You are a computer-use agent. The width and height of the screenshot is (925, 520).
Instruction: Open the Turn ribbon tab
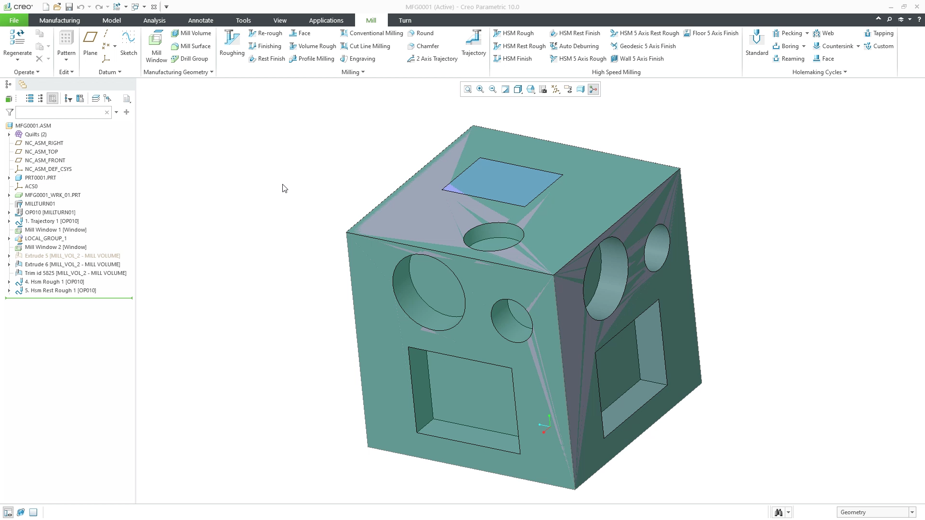[x=405, y=20]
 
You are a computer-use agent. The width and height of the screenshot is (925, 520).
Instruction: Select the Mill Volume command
[x=191, y=33]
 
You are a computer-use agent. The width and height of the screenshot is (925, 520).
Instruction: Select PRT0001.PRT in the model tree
[x=40, y=178]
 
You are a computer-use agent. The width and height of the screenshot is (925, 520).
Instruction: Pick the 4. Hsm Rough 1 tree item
[x=54, y=282]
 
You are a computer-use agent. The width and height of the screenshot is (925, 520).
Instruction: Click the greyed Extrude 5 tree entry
[x=72, y=256]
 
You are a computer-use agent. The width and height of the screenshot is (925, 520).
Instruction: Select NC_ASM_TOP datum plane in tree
[x=41, y=152]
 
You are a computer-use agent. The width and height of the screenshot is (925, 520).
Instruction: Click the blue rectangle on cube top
[x=502, y=182]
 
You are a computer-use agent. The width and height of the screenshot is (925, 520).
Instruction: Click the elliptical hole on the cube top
[x=493, y=236]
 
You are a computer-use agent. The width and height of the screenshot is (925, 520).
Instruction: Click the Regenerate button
[x=17, y=44]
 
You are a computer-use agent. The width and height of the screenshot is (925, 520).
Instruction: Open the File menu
[x=14, y=20]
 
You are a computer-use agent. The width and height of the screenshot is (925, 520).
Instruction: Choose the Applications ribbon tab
[x=326, y=20]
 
